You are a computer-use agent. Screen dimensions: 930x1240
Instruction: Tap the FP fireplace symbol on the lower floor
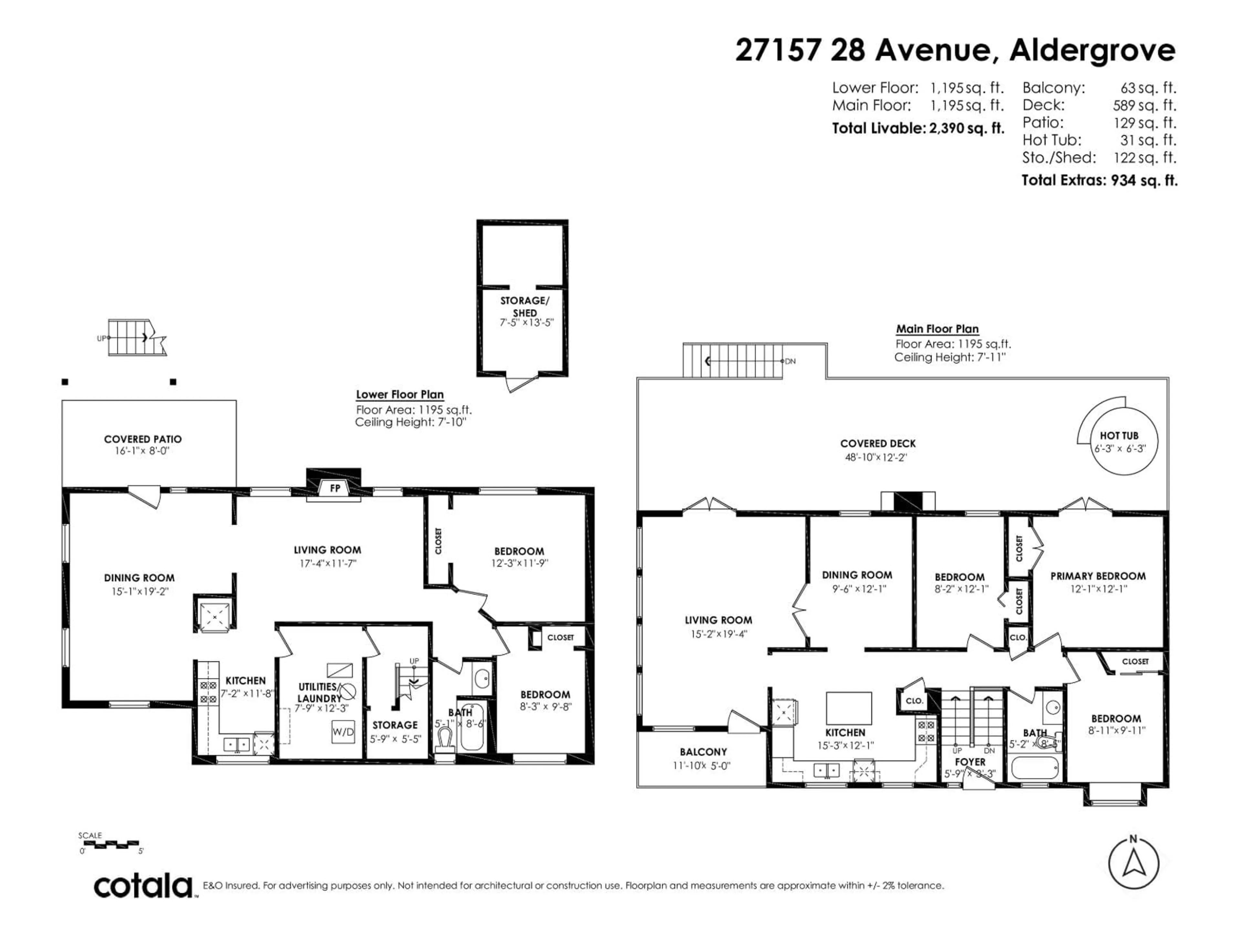(x=335, y=488)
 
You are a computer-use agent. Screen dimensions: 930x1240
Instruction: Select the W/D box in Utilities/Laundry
(x=343, y=731)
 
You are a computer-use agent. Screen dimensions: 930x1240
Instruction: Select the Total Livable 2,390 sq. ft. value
(x=966, y=129)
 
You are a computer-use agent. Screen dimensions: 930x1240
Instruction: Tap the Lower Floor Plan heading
(x=400, y=395)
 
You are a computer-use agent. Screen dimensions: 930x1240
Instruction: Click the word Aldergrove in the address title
(x=1092, y=50)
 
